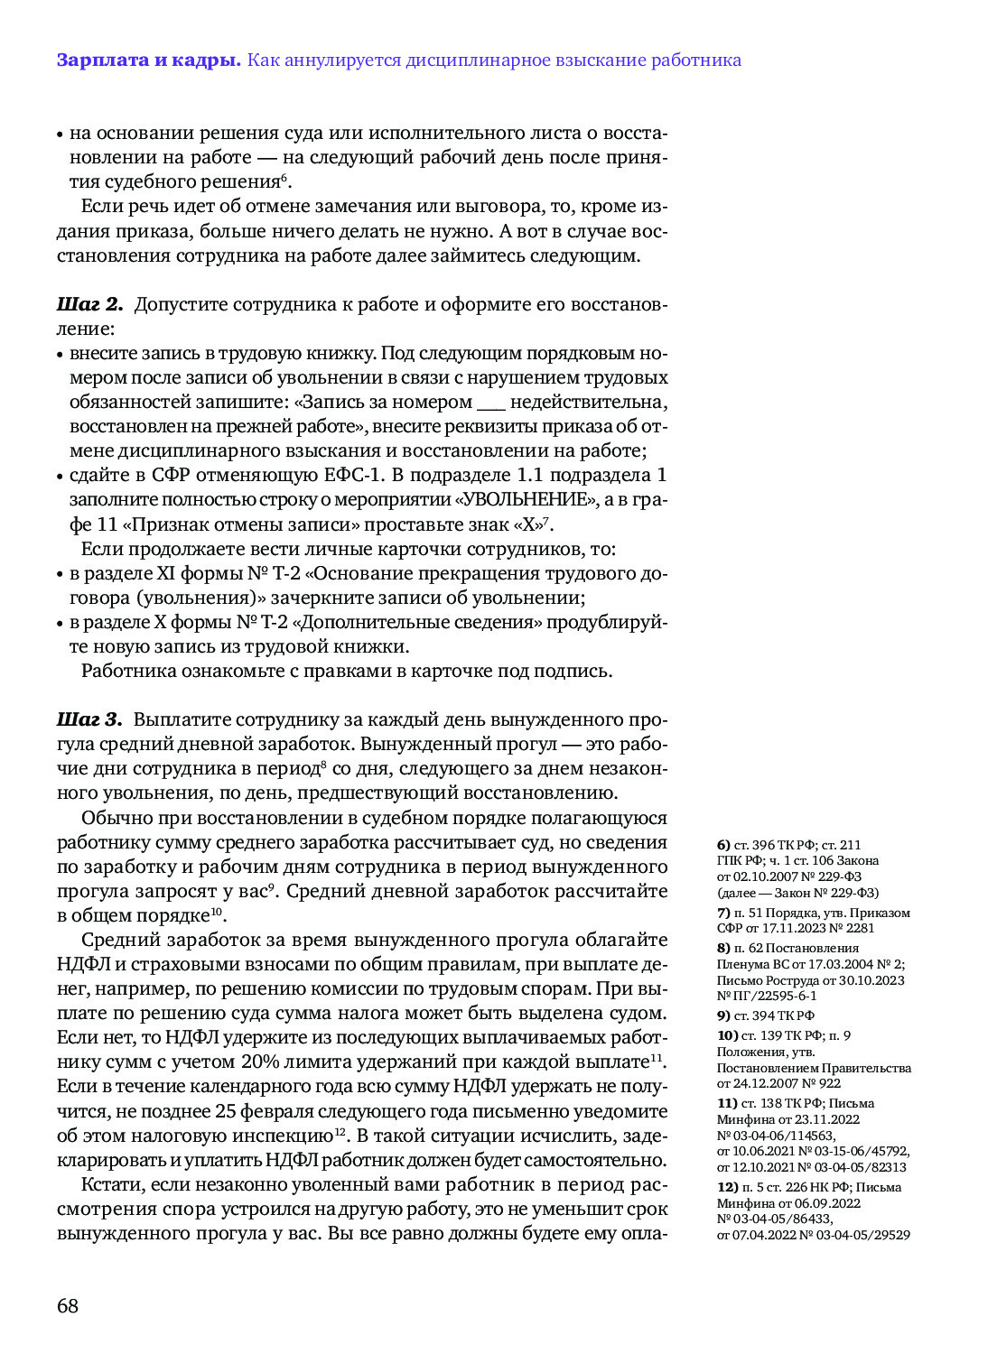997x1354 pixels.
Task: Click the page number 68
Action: click(x=68, y=1305)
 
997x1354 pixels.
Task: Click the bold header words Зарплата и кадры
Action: click(x=148, y=60)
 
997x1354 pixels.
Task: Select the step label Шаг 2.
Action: click(x=89, y=304)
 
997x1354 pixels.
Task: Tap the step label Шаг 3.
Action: click(x=89, y=719)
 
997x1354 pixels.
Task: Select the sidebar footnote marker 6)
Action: click(x=723, y=845)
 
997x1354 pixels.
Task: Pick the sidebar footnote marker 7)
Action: click(x=723, y=913)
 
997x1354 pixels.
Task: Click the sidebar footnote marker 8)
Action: click(x=723, y=948)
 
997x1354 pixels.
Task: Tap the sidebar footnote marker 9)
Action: click(x=723, y=1015)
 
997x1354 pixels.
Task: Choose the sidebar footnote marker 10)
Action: click(x=727, y=1035)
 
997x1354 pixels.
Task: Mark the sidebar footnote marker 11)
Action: click(x=727, y=1103)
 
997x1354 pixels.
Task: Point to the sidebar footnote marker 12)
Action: click(x=727, y=1187)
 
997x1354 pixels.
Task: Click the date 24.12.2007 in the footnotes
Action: click(x=769, y=1083)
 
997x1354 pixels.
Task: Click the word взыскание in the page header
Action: click(x=588, y=60)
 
